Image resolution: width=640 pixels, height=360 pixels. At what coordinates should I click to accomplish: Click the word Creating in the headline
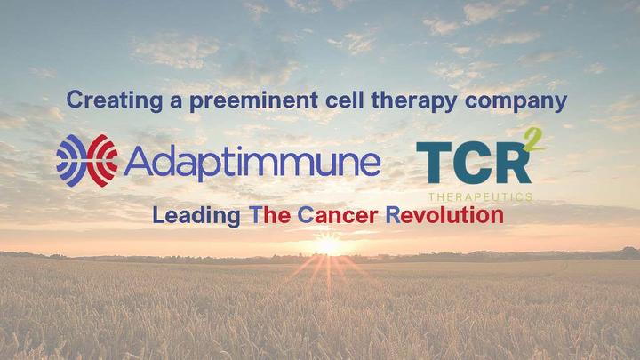coord(111,100)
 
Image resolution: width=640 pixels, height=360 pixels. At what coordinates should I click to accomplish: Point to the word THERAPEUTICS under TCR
coord(481,195)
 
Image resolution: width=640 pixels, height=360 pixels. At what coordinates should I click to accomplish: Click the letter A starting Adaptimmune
coord(139,162)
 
